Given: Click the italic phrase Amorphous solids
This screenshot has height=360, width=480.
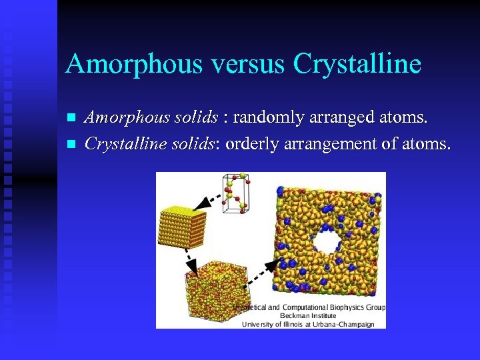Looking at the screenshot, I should pos(151,119).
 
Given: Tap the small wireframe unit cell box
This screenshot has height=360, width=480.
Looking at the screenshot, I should pos(237,194).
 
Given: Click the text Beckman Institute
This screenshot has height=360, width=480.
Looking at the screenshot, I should pos(308,316).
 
